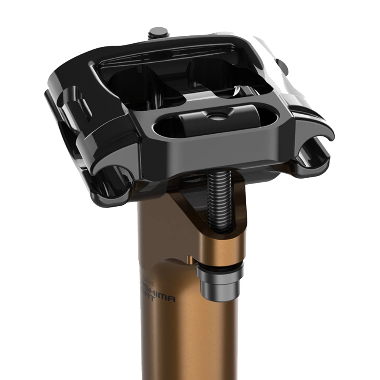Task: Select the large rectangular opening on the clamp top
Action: click(182, 76)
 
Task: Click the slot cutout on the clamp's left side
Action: click(78, 106)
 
